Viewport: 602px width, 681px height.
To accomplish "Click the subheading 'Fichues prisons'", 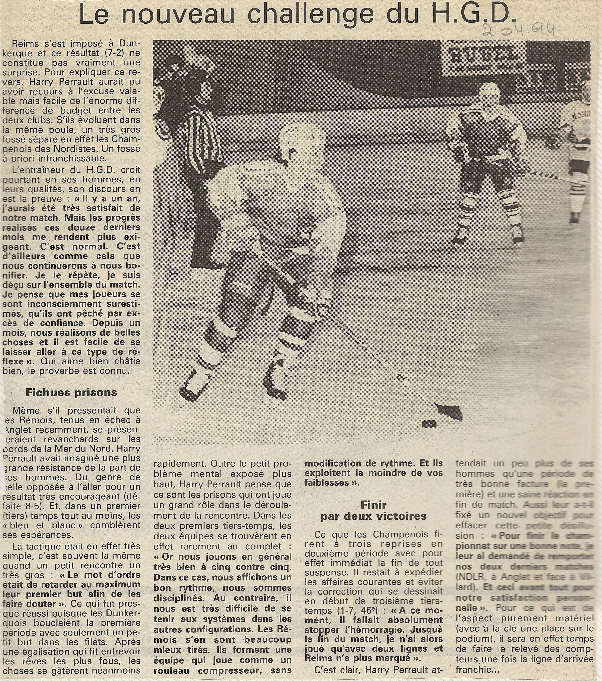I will tap(72, 392).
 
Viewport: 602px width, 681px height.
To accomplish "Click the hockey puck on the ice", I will tap(429, 424).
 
